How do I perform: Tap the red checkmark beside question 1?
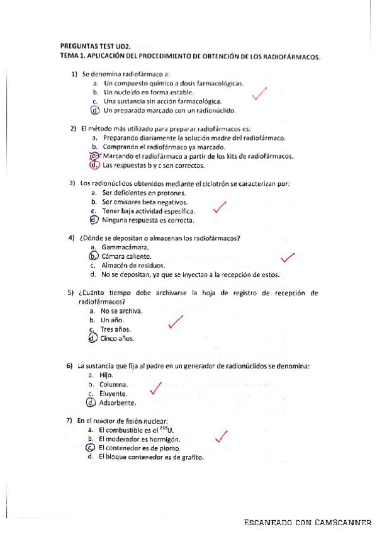(x=258, y=94)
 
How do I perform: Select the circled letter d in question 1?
(x=94, y=110)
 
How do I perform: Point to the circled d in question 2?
(x=94, y=165)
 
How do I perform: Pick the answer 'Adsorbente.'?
(x=117, y=402)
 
